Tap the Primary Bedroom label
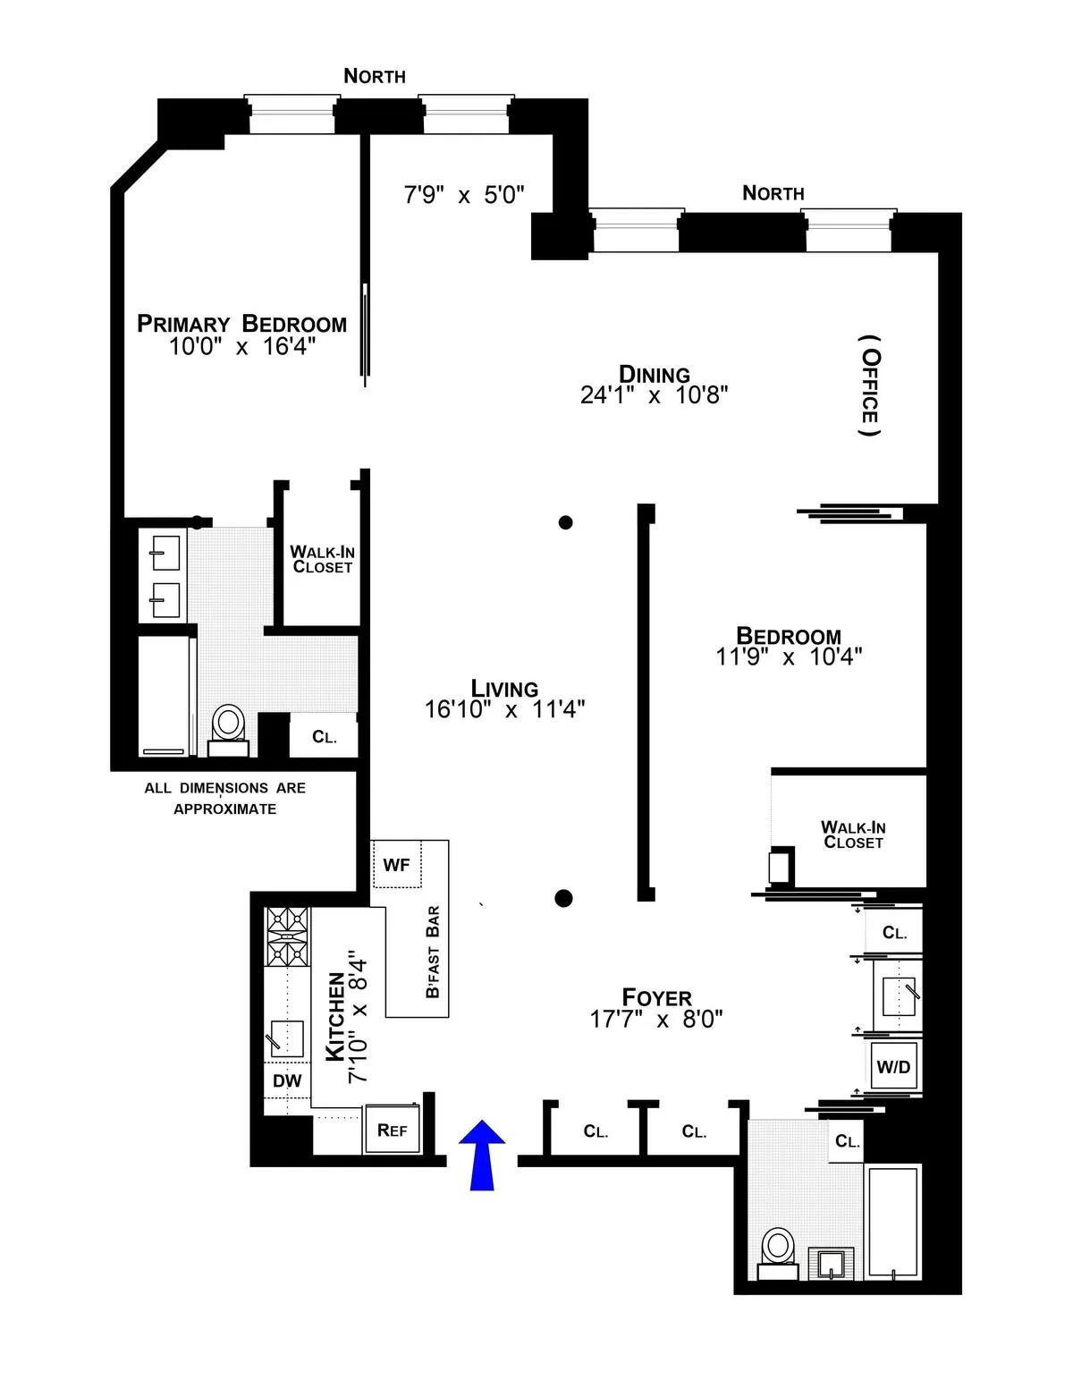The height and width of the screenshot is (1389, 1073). pyautogui.click(x=241, y=324)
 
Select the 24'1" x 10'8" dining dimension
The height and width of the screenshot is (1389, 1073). pyautogui.click(x=654, y=395)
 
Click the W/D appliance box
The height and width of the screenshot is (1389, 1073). pyautogui.click(x=892, y=1066)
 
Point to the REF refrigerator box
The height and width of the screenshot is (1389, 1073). pyautogui.click(x=392, y=1130)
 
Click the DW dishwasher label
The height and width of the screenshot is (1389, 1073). pyautogui.click(x=287, y=1081)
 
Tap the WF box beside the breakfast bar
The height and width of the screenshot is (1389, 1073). pyautogui.click(x=396, y=865)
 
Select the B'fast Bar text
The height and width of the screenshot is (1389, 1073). pyautogui.click(x=433, y=952)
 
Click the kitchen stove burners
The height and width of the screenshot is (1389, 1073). pyautogui.click(x=286, y=936)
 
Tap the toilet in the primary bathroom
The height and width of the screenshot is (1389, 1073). pyautogui.click(x=228, y=724)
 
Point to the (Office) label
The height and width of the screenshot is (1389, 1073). pyautogui.click(x=869, y=386)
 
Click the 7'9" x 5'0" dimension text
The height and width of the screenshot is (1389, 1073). pyautogui.click(x=463, y=195)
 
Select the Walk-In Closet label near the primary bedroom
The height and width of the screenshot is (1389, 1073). pyautogui.click(x=322, y=560)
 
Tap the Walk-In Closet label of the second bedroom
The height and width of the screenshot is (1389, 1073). pyautogui.click(x=853, y=834)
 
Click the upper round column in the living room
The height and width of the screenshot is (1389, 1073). pyautogui.click(x=565, y=522)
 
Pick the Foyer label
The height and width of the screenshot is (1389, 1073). pyautogui.click(x=656, y=997)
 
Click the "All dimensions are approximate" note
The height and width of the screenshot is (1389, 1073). pyautogui.click(x=224, y=798)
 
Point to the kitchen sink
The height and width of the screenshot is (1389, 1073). pyautogui.click(x=286, y=1038)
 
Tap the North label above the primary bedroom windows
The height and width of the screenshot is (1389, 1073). pyautogui.click(x=375, y=76)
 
